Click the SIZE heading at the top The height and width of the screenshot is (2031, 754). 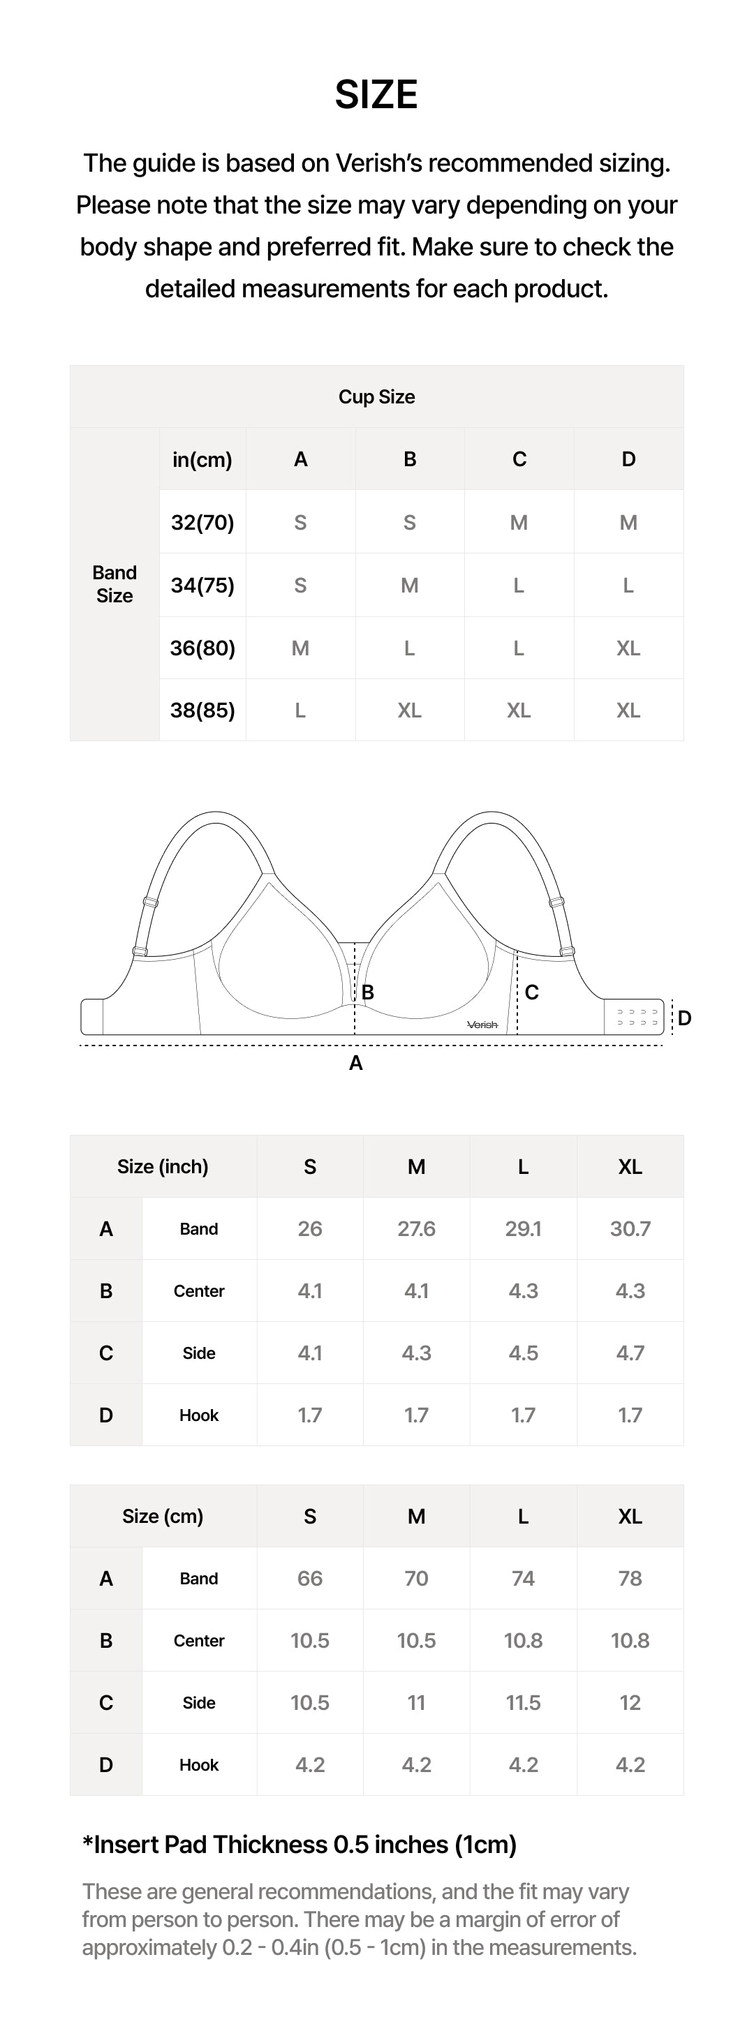[376, 95]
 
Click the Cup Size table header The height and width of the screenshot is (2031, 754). [376, 396]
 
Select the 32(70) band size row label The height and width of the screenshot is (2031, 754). [202, 522]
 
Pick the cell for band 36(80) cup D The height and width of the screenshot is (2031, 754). [628, 648]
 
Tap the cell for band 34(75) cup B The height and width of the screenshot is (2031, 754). [409, 585]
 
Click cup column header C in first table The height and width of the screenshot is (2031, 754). [518, 459]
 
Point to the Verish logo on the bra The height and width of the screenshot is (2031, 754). [482, 1024]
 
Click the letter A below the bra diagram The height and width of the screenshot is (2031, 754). [355, 1063]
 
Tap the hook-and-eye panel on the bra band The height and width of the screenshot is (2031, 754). [637, 1017]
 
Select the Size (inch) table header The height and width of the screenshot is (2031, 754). [163, 1166]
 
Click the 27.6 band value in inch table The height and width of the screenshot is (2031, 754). [415, 1228]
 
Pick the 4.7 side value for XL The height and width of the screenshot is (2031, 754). [630, 1353]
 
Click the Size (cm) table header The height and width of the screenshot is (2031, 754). [163, 1516]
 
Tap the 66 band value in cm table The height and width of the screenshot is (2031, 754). [309, 1579]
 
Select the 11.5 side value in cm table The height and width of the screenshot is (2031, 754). [522, 1703]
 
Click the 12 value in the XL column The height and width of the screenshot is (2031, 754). [630, 1703]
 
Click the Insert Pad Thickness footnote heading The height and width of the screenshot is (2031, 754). [300, 1845]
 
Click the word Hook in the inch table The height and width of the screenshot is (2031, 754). [199, 1415]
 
